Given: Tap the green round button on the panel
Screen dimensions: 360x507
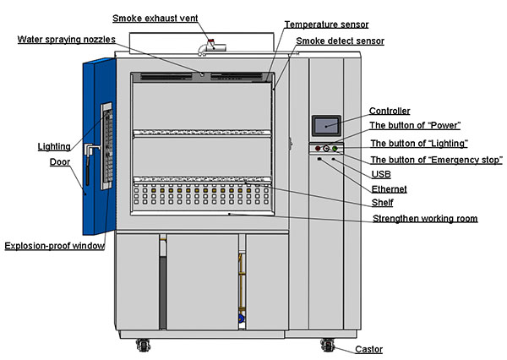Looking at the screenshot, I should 335,150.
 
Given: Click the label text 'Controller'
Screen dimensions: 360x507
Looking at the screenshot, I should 390,111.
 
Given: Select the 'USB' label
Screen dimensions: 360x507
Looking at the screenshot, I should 381,174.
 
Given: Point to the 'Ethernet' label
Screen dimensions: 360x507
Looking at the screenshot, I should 390,189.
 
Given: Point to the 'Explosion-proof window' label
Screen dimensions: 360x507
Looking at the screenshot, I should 54,247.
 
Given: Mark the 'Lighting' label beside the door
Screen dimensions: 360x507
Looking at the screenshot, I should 54,146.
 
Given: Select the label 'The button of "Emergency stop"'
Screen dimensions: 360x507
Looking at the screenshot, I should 437,160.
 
